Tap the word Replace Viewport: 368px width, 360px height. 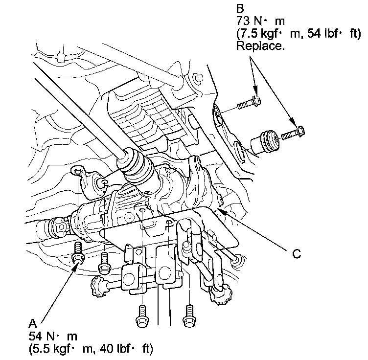[x=260, y=46]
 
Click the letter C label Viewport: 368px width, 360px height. [x=297, y=254]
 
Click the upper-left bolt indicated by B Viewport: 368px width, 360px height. [x=249, y=104]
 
